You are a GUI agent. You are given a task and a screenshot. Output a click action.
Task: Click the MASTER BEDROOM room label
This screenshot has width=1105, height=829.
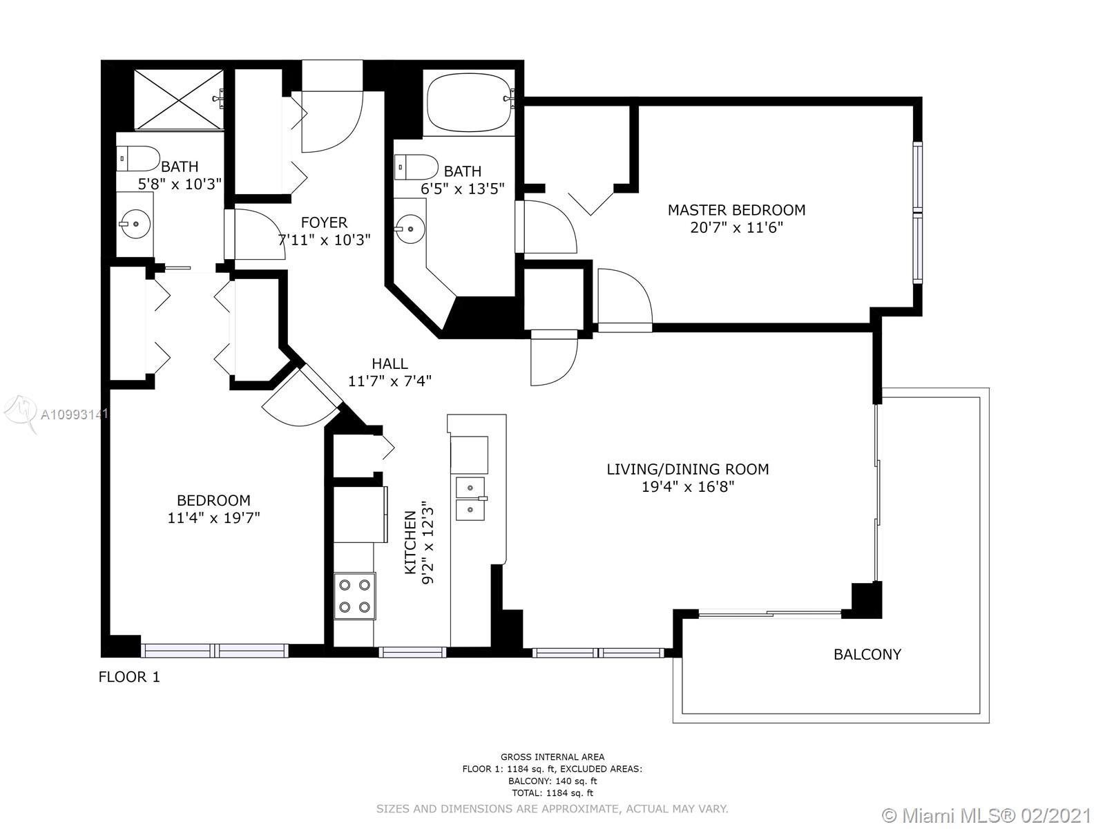pos(736,210)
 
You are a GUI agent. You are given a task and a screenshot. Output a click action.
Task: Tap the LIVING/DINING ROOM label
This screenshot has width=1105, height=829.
pos(688,469)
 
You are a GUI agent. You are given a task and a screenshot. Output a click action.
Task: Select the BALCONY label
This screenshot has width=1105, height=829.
pos(867,654)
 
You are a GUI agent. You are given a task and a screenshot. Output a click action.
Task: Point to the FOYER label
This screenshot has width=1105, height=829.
pos(324,222)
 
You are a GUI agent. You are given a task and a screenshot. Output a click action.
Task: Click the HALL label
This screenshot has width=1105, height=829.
pos(390,363)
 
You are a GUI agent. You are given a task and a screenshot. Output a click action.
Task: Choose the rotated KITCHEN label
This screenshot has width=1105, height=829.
pos(411,542)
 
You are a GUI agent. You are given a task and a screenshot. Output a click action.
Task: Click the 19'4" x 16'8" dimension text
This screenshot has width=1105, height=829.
pos(688,487)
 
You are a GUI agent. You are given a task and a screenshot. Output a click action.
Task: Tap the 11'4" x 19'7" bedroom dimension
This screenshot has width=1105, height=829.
pos(213,518)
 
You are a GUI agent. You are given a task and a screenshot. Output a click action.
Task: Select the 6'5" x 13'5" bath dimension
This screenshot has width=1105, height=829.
pos(463,189)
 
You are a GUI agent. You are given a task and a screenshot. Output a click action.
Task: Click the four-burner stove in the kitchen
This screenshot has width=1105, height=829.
pos(354,596)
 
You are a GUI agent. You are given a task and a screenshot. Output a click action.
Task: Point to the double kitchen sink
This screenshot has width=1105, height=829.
pos(470,499)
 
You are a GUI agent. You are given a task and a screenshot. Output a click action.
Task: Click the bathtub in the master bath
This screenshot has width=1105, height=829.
pos(468,103)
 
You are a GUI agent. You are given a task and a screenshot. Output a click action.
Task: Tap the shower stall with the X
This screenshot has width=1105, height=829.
pos(179,99)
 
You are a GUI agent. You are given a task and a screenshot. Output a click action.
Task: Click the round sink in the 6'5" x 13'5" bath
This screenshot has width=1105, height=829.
pos(410,229)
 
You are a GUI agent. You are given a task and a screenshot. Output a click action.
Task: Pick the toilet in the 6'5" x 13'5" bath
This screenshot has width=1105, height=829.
pos(416,167)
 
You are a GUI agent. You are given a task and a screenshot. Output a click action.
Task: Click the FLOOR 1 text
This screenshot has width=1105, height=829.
pos(129,677)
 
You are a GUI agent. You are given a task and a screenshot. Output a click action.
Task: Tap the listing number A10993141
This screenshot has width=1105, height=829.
pos(75,414)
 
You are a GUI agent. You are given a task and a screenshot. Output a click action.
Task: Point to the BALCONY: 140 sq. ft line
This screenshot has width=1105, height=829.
pos(552,781)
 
